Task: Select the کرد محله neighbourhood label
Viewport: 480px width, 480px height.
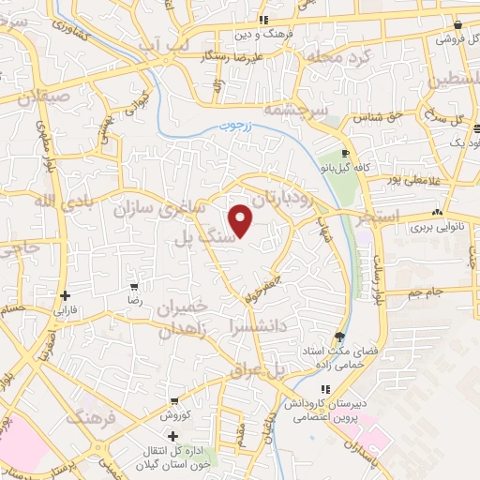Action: (x=339, y=55)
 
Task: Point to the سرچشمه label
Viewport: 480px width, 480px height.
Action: (x=322, y=110)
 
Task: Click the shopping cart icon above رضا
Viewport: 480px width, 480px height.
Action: (x=135, y=286)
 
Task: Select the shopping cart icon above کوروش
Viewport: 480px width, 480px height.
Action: (x=174, y=400)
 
